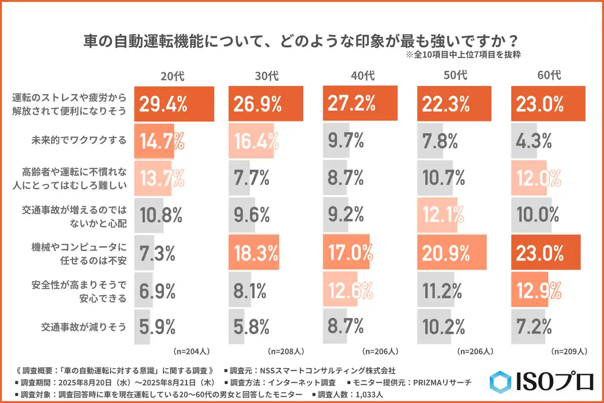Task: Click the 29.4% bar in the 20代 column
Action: tap(174, 104)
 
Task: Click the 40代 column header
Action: tap(363, 75)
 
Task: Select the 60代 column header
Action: tap(549, 75)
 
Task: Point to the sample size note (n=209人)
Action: tap(569, 352)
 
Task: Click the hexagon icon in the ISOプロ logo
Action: tap(500, 382)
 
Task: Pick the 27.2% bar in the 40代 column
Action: tap(359, 104)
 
